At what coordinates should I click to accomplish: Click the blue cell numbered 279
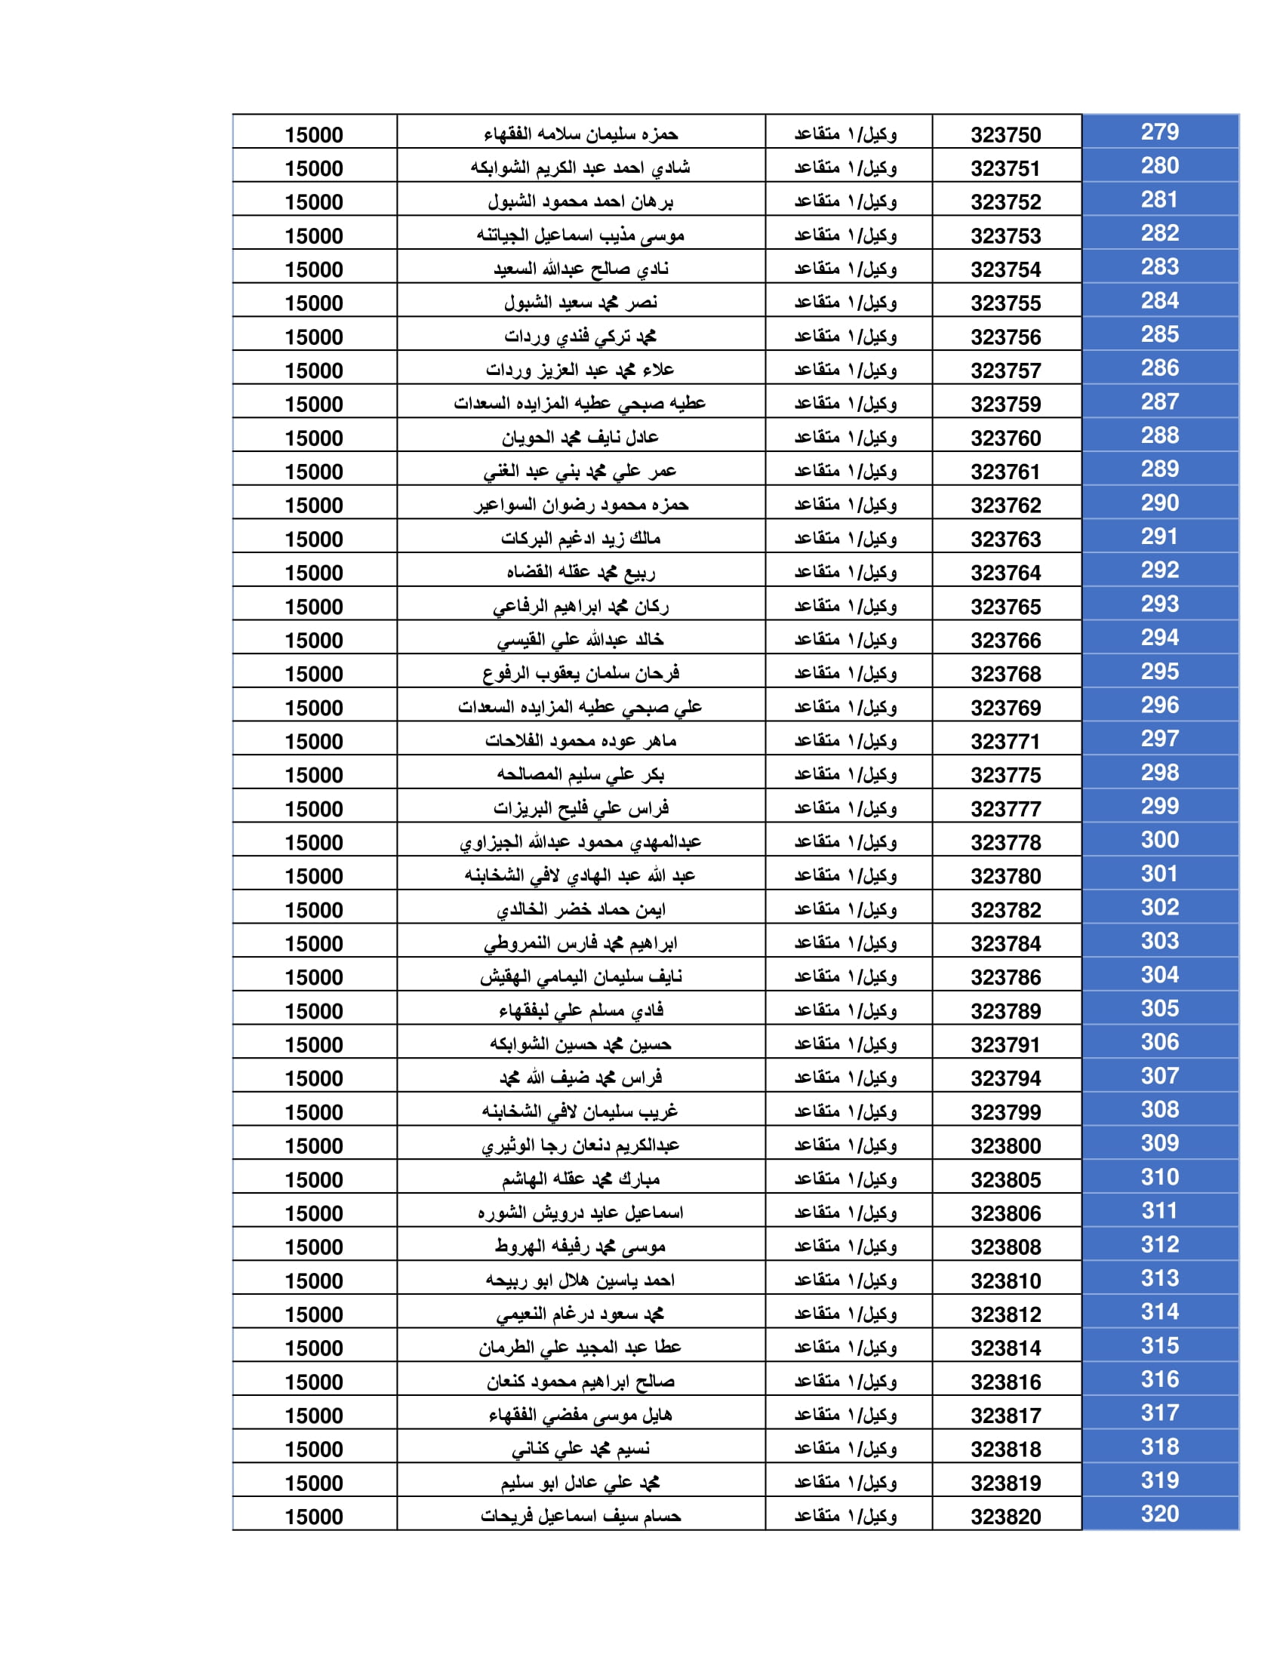click(1159, 132)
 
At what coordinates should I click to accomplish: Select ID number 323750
click(1005, 135)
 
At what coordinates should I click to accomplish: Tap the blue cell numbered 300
click(1159, 840)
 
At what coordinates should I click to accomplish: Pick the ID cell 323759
click(1005, 404)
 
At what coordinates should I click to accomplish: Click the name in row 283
click(580, 269)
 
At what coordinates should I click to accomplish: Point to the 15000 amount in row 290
click(314, 506)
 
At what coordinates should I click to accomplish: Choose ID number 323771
click(1005, 741)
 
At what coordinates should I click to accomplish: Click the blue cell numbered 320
click(1159, 1514)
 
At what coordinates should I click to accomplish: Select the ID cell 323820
click(1005, 1517)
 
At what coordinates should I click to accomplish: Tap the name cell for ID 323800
click(580, 1145)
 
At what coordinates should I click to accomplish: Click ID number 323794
click(1005, 1077)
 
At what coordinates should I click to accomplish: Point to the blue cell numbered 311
click(1159, 1210)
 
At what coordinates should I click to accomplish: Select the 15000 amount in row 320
click(314, 1517)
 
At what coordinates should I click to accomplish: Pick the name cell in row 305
click(580, 1011)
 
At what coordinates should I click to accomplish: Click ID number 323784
click(1005, 943)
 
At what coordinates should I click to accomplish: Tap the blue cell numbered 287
click(1159, 401)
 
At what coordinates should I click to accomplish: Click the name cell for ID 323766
click(580, 640)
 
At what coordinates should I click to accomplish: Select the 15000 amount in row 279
click(314, 135)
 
